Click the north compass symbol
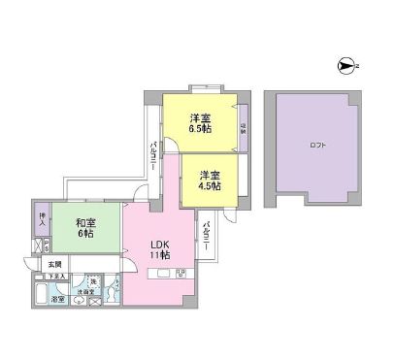coord(346,66)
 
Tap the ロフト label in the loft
coord(318,146)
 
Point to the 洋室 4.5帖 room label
coord(210,180)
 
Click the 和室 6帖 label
coord(85,228)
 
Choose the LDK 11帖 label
coord(159,247)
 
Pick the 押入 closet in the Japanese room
coord(41,220)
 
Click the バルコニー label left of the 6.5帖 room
coord(153,155)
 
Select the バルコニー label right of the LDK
coord(209,239)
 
